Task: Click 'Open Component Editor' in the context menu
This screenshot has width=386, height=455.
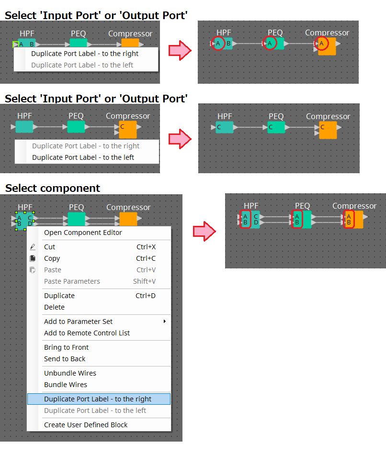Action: pos(83,233)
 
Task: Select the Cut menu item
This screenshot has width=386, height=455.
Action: pos(49,247)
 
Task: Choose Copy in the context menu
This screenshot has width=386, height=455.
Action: pos(52,258)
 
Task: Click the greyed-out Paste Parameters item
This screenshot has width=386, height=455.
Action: pos(72,281)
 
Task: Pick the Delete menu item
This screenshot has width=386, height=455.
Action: pos(54,307)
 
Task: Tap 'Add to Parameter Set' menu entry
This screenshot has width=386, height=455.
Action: pos(78,322)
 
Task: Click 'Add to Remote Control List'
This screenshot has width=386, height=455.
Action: pos(87,333)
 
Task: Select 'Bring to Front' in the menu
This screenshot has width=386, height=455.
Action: pos(66,347)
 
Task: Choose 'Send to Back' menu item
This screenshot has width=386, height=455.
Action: pos(65,359)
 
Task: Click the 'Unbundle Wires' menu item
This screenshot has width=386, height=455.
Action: pos(70,373)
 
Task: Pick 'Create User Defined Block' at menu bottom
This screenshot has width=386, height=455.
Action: pos(86,425)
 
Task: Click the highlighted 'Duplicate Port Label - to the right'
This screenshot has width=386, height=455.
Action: pos(98,399)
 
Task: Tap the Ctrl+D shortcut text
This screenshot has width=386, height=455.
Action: pos(146,296)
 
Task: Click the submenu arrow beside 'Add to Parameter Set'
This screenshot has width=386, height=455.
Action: pos(165,321)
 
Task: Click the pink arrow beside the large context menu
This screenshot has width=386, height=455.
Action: pos(204,231)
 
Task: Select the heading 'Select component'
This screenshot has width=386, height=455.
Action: pos(53,189)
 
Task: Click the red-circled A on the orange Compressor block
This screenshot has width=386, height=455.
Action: pos(321,44)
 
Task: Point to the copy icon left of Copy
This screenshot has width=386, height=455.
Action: pos(33,258)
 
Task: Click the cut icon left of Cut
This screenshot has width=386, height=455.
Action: pos(33,247)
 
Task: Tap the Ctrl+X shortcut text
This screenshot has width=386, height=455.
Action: pos(146,247)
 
